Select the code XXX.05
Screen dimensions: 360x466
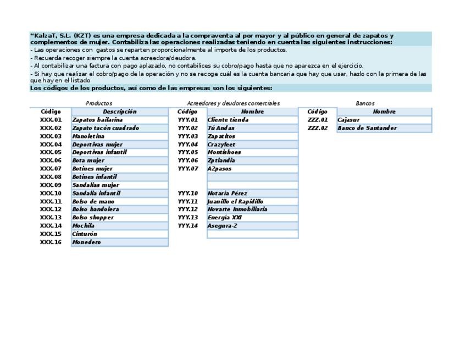[x=51, y=152]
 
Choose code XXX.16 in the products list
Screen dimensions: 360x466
[x=51, y=242]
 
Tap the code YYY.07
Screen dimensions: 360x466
[x=187, y=169]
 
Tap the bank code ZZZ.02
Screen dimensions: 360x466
[x=317, y=128]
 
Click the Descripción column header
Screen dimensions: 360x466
[x=119, y=112]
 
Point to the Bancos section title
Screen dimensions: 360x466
[x=365, y=103]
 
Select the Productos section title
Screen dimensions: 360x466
[x=99, y=103]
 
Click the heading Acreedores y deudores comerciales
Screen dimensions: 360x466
[x=233, y=103]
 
